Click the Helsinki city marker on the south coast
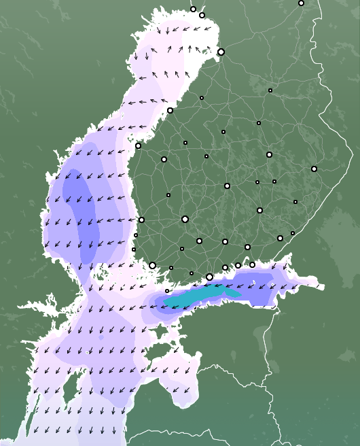[209, 277]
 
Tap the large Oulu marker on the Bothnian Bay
[221, 52]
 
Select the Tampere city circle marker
[185, 219]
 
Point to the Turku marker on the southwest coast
[152, 265]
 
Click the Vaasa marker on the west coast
[138, 145]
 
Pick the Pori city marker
[141, 219]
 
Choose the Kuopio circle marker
[269, 154]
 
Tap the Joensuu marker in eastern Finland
[314, 169]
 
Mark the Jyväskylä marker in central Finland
[227, 186]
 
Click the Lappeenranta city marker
[280, 238]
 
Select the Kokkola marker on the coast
[170, 110]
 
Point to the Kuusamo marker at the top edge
[301, 3]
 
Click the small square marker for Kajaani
[270, 90]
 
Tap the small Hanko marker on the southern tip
[167, 291]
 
